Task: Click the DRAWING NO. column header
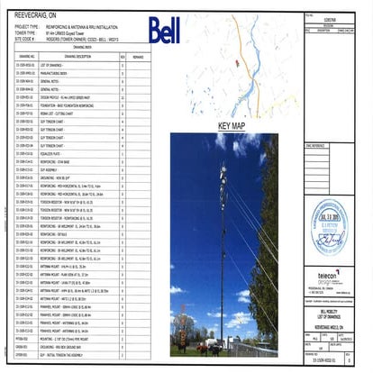click(x=26, y=55)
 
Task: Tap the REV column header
click(x=123, y=55)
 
